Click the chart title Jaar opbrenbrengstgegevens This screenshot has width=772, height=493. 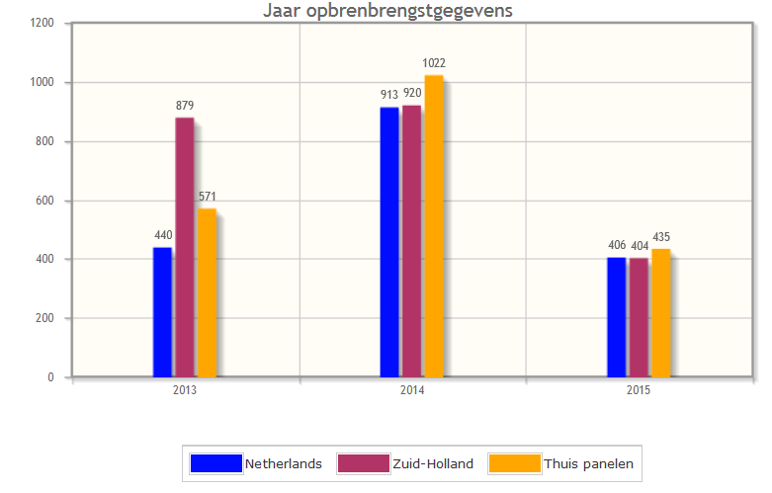387,11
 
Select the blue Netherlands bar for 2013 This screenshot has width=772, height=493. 162,312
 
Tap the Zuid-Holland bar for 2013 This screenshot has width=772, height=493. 185,247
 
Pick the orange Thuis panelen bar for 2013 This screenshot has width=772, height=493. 207,292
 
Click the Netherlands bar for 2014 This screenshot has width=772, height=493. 389,242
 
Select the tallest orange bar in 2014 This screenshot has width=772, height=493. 434,226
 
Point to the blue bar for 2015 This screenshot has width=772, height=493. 616,317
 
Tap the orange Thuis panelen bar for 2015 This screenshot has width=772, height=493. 660,313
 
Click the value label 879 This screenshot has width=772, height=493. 185,106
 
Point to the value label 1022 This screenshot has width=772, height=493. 434,63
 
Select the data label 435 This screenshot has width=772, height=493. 660,237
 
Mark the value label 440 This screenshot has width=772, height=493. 163,235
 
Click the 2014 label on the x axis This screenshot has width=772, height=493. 412,391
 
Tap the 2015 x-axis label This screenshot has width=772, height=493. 639,391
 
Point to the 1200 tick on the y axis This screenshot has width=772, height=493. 42,24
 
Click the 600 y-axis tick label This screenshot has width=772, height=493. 44,201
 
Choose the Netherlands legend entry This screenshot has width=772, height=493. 283,463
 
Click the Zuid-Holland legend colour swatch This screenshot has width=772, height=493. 363,463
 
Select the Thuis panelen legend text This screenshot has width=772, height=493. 588,463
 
